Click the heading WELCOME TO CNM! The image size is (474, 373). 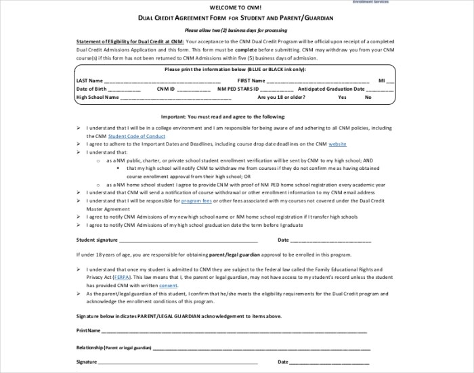pos(236,10)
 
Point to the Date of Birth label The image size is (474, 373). pos(91,89)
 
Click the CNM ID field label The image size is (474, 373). pos(166,89)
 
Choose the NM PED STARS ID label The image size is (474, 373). pos(238,89)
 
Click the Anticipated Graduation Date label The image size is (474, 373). pos(326,89)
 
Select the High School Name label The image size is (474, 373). pos(98,97)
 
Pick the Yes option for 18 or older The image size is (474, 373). pos(342,97)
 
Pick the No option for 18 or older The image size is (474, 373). pos(368,97)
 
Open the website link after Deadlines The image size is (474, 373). pos(337,144)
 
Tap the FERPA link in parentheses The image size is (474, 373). pos(123,278)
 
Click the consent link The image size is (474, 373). pos(168,286)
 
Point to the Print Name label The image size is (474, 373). pos(89,330)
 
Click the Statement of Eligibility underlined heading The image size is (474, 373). pos(129,41)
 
